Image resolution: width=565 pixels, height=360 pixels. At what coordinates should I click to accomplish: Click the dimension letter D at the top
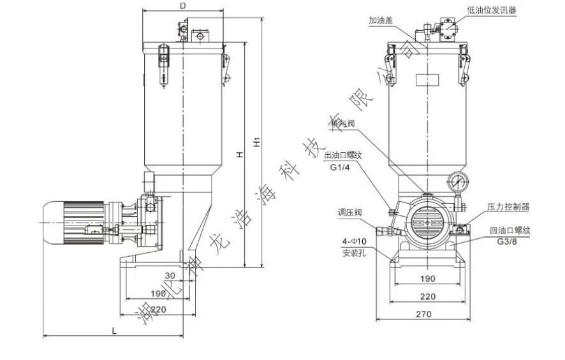183,6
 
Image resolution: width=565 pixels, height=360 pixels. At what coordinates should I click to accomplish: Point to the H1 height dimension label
256,142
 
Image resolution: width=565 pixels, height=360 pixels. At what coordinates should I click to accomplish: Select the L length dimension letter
114,331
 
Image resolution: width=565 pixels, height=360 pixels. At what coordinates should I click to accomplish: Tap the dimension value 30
170,276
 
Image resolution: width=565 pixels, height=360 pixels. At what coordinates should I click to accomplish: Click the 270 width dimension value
424,313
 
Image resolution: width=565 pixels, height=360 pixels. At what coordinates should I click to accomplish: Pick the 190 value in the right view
429,278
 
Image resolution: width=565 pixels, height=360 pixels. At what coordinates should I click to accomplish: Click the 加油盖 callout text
380,20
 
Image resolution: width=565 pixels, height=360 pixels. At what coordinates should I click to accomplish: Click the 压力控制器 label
508,206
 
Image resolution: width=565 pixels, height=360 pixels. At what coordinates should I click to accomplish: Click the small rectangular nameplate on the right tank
427,80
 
